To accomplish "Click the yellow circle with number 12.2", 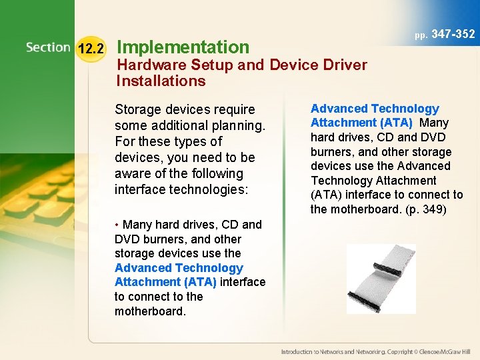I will [90, 49].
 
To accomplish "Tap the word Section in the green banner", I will [48, 47].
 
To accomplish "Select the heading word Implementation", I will [183, 47].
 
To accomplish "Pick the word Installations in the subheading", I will [161, 81].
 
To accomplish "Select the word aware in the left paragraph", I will [132, 173].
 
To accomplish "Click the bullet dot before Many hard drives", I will [117, 225].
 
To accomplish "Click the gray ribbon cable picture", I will [381, 279].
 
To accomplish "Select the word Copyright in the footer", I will [400, 351].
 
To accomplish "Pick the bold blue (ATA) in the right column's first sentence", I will [396, 123].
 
